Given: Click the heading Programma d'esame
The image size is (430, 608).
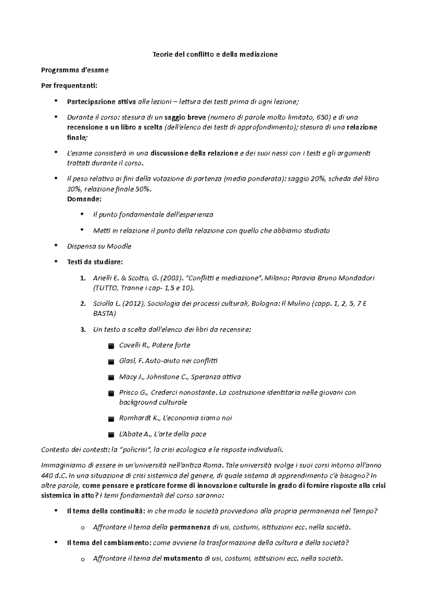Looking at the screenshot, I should click(x=75, y=70).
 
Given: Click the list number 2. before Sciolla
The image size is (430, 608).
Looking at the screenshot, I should click(x=83, y=304).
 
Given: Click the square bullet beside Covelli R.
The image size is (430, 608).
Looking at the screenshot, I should click(x=111, y=346).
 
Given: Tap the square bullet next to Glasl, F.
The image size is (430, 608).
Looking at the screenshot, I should click(x=111, y=362).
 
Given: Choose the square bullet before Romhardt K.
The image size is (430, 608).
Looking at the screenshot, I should click(x=111, y=419).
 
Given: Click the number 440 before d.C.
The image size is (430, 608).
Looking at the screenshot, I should click(x=47, y=476).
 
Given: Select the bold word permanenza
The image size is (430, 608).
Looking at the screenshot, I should click(x=190, y=527).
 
